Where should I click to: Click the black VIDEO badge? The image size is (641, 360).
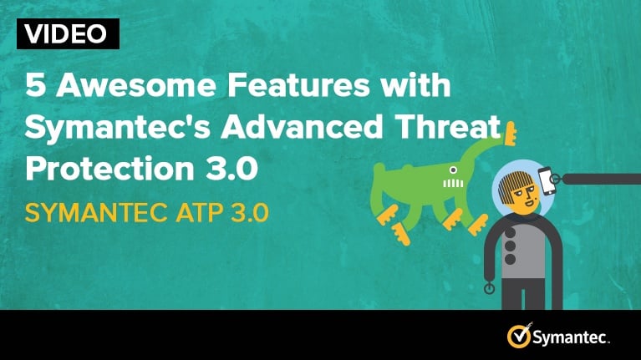click(68, 33)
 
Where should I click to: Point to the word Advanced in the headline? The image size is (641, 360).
click(302, 126)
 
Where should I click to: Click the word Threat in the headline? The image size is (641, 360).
click(449, 126)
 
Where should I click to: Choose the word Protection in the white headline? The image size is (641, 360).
click(109, 169)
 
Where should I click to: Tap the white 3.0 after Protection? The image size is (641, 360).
click(231, 169)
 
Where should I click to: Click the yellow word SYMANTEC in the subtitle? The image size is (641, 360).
click(96, 213)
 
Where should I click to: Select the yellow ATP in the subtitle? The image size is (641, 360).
click(200, 213)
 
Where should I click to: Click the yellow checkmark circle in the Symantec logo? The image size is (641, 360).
click(519, 337)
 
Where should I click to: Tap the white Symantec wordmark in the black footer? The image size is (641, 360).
click(571, 337)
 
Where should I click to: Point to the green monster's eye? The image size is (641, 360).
click(453, 170)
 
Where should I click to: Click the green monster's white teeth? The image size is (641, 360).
click(453, 184)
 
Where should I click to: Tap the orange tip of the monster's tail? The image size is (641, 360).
click(510, 134)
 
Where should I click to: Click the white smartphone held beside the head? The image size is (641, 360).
click(547, 180)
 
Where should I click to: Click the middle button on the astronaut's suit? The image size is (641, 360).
click(510, 246)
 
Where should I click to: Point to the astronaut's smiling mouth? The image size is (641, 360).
click(532, 202)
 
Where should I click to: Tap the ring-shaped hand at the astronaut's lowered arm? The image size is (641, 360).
click(489, 289)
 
